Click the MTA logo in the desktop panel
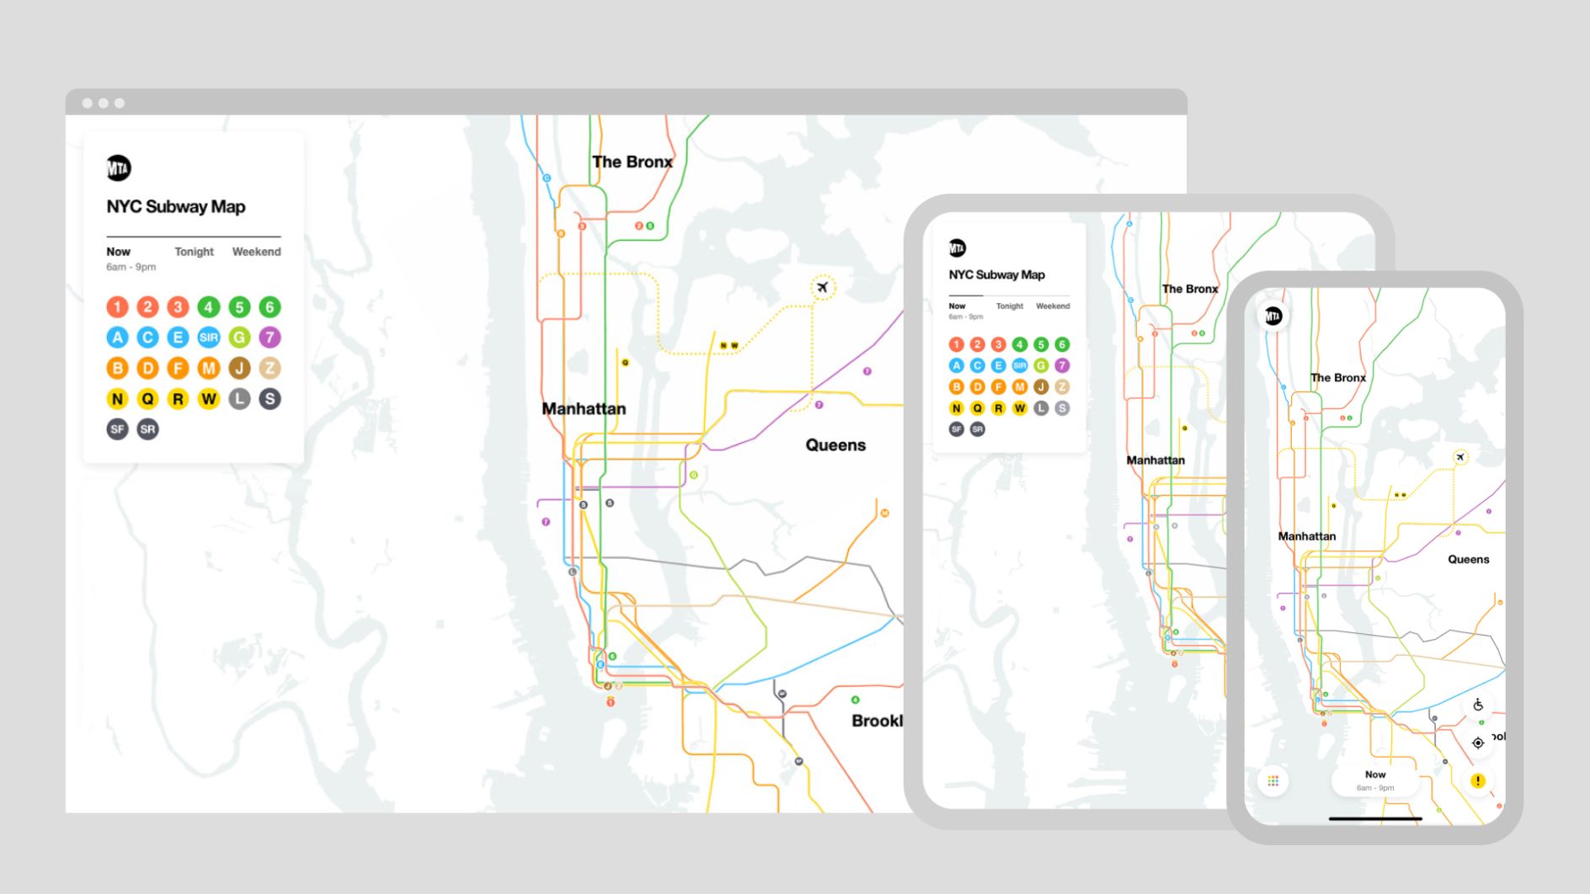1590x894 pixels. (x=119, y=168)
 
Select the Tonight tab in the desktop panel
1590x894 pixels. (x=194, y=252)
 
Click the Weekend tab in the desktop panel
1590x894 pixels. (x=256, y=252)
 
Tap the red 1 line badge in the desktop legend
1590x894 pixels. (x=117, y=307)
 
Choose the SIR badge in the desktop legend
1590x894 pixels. (x=208, y=338)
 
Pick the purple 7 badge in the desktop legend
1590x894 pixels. (x=269, y=338)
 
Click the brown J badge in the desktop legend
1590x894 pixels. (x=239, y=368)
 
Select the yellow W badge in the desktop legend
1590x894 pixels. (x=208, y=399)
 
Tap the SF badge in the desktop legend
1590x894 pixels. (x=117, y=429)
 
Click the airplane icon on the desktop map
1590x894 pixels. (x=823, y=288)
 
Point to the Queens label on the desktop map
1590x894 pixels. (x=835, y=445)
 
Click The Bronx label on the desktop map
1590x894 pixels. (x=632, y=162)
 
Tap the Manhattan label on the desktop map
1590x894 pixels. (x=584, y=409)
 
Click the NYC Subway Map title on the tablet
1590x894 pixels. (x=996, y=274)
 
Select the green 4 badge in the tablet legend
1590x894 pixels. (x=1019, y=344)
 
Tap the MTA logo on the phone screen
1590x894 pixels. (x=1273, y=317)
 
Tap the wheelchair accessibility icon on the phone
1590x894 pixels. (x=1478, y=705)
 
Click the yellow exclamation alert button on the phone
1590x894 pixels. (x=1478, y=781)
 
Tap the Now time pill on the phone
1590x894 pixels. (x=1374, y=780)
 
